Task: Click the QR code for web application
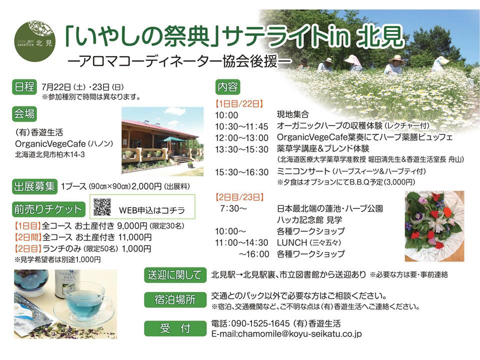pos(102,207)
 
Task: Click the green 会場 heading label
pos(24,114)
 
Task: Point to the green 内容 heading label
pos(228,87)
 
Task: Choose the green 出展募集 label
pos(34,186)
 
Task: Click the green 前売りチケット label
pos(48,209)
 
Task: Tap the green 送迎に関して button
pos(175,275)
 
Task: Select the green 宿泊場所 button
pos(175,299)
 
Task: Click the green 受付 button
pos(175,328)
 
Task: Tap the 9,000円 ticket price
pos(132,226)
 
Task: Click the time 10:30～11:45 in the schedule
pos(241,126)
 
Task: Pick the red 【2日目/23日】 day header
pos(239,197)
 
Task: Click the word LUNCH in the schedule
pos(292,242)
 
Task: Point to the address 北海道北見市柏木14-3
pos(50,154)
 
